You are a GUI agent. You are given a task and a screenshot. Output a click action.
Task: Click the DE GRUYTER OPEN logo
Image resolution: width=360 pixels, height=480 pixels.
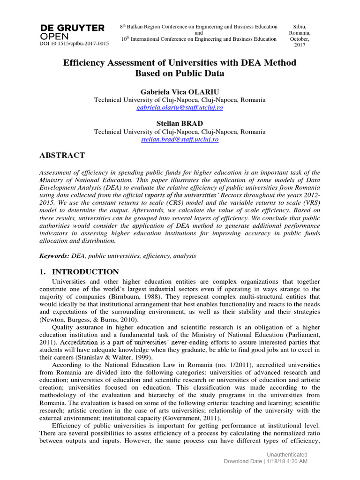click(73, 32)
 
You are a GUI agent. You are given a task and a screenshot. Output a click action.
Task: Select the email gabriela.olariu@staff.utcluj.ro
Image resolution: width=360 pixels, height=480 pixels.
click(180, 107)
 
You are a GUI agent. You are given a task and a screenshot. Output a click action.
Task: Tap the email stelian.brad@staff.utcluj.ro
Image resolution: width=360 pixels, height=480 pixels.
click(180, 139)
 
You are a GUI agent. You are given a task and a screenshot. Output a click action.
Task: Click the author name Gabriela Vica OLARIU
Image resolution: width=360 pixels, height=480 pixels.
click(180, 92)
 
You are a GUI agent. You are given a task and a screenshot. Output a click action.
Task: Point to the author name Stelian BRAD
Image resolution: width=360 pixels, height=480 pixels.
click(180, 124)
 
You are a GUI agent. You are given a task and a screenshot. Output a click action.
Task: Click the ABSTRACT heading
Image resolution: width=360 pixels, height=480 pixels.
click(62, 156)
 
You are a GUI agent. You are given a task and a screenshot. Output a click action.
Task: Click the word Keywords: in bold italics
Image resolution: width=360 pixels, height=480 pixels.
click(54, 256)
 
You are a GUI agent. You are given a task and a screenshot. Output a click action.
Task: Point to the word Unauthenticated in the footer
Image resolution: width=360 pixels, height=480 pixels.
click(287, 454)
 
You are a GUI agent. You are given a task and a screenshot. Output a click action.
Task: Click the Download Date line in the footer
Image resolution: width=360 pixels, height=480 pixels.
click(265, 462)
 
